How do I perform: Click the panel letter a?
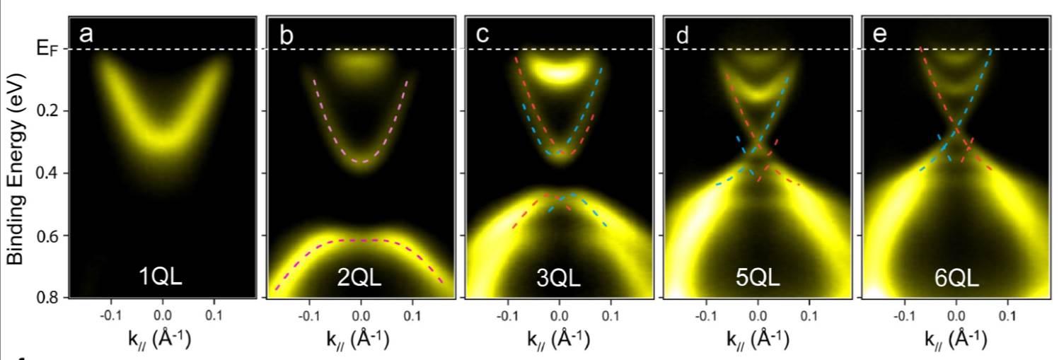pos(86,34)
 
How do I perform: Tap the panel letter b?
pos(285,34)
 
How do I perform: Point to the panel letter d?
pos(682,34)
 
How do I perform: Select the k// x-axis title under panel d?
pos(757,337)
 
